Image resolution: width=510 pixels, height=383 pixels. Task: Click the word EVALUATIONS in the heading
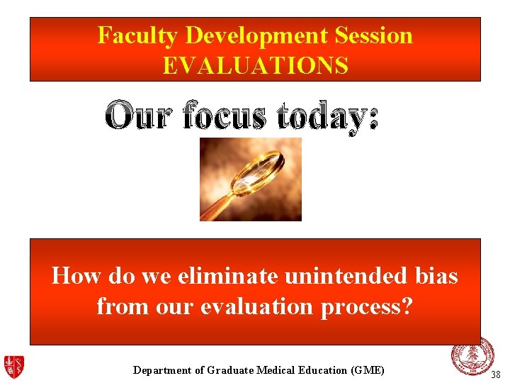255,66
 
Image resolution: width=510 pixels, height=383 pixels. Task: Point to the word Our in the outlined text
139,115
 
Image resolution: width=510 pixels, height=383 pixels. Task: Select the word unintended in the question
343,275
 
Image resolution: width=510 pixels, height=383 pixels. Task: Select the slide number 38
496,374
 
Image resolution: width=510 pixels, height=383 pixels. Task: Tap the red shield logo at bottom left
13,367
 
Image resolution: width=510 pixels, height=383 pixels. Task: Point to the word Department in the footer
162,370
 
